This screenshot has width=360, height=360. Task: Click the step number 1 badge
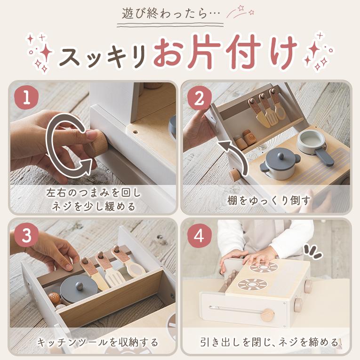(x=26, y=97)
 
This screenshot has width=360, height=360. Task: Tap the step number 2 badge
(x=199, y=97)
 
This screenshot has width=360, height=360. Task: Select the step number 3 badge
(x=26, y=235)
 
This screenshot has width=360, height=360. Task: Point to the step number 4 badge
(x=199, y=235)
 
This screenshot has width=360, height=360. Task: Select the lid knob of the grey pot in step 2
(x=280, y=155)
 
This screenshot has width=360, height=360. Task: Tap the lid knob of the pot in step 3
(x=79, y=286)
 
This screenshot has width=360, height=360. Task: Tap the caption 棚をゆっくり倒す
(x=268, y=200)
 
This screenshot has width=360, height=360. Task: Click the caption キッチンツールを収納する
(x=97, y=342)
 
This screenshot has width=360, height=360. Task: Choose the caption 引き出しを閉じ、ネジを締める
(x=269, y=342)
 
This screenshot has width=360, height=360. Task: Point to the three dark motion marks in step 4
(x=313, y=251)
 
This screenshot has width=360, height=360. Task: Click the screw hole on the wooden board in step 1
(x=136, y=132)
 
